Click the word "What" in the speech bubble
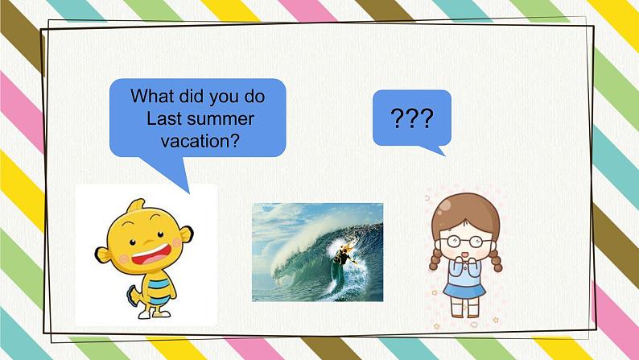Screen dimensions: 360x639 (151, 97)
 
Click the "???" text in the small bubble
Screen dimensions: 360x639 (411, 119)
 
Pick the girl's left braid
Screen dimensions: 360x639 (436, 257)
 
